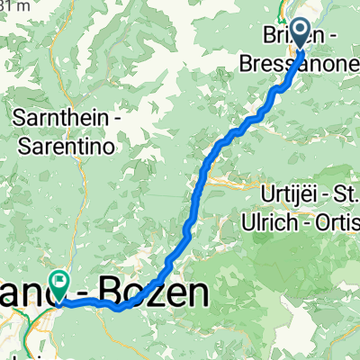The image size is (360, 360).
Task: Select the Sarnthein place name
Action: pyautogui.click(x=62, y=118)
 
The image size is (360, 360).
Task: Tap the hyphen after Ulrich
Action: pyautogui.click(x=304, y=223)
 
